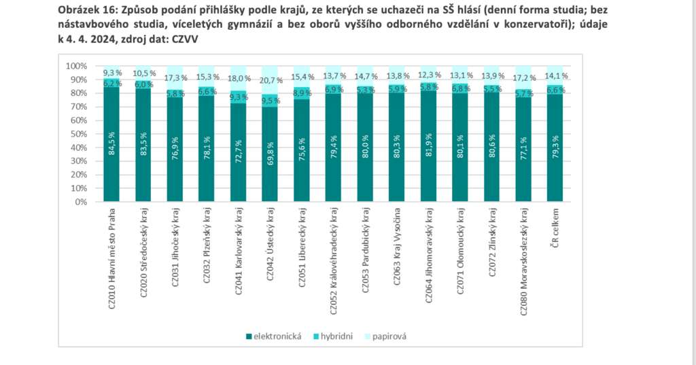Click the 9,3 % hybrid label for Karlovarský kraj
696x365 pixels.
pos(239,97)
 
